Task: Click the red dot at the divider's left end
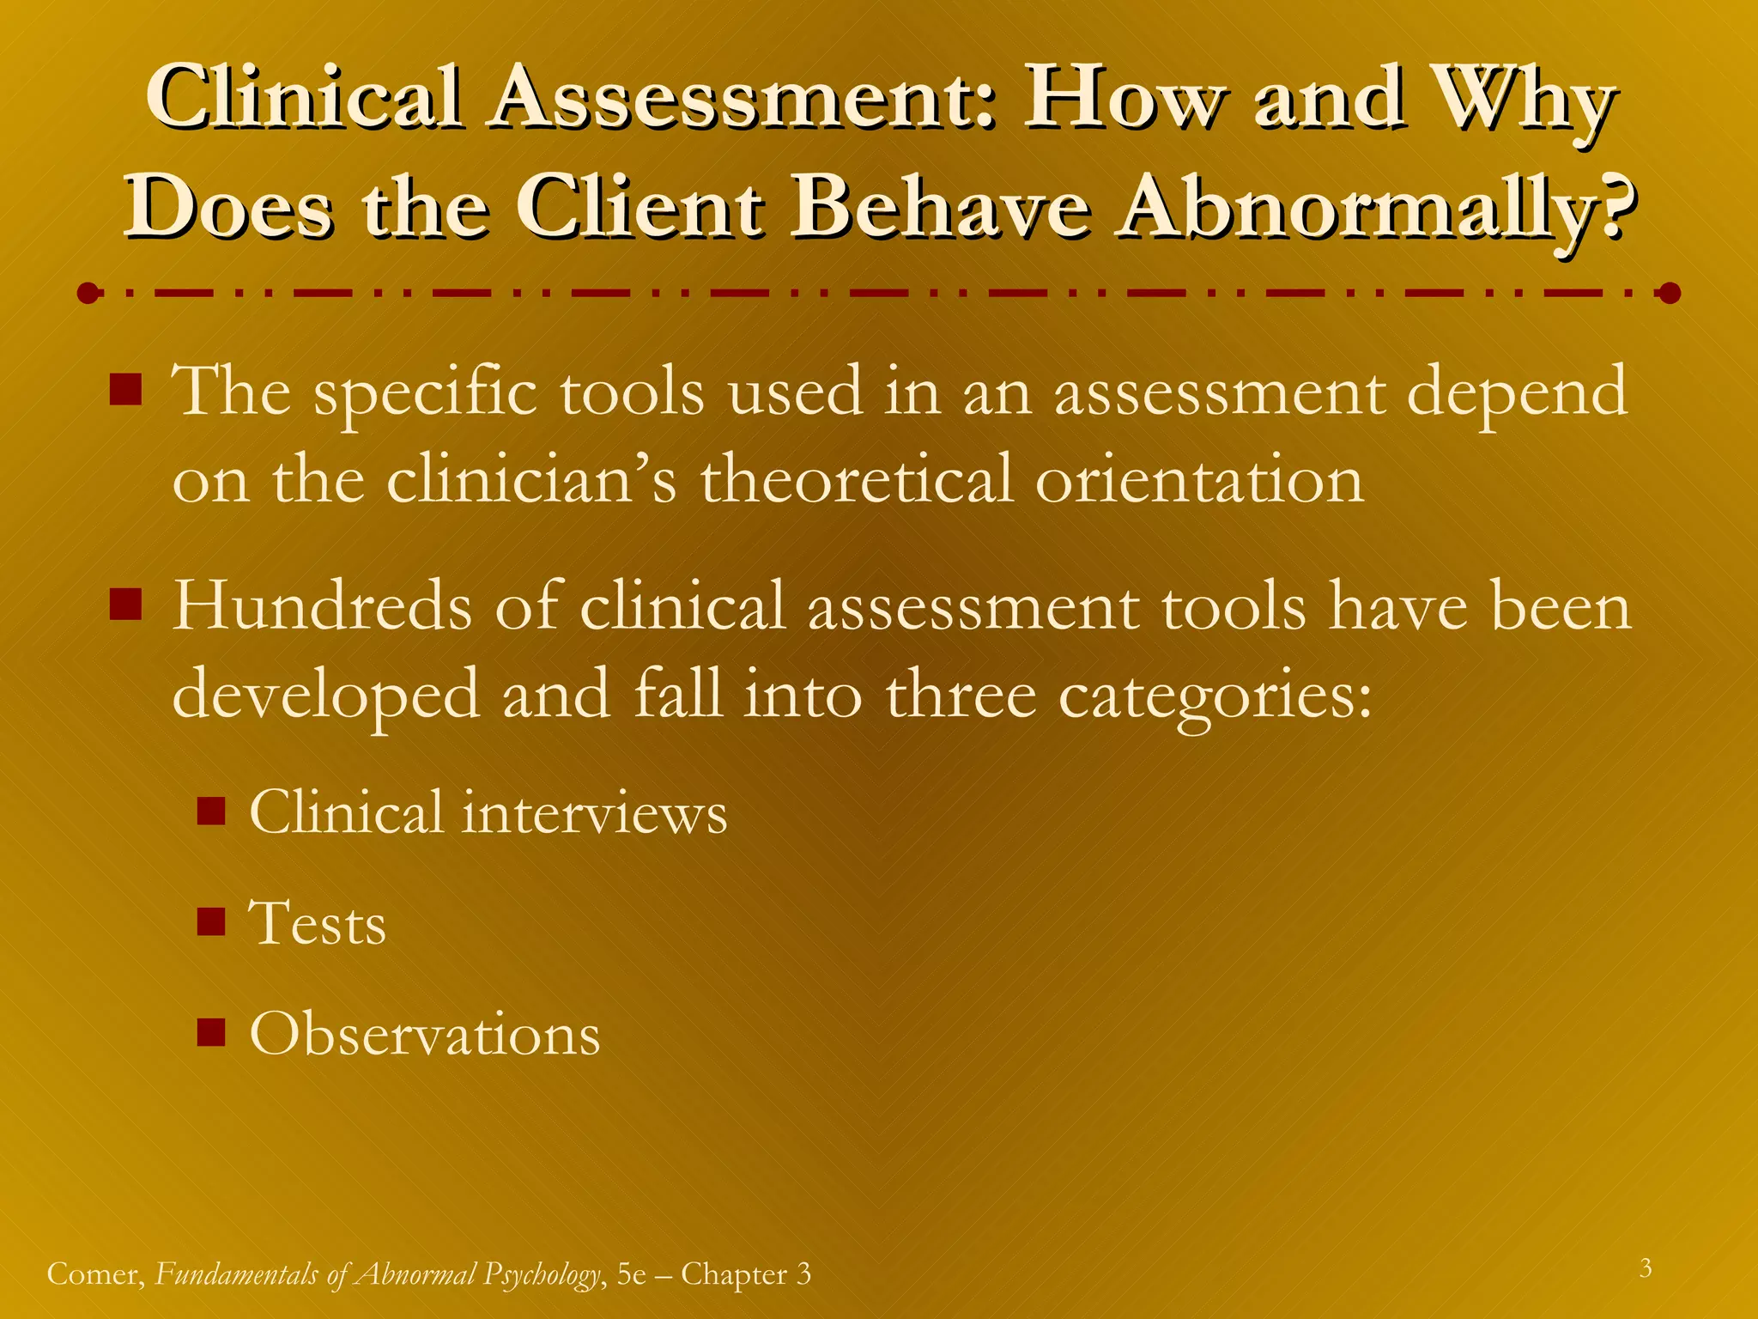pyautogui.click(x=88, y=294)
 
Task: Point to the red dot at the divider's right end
pyautogui.click(x=1670, y=294)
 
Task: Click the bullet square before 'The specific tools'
pyautogui.click(x=126, y=391)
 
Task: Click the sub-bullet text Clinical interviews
pyautogui.click(x=488, y=812)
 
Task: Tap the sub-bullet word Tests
pyautogui.click(x=318, y=924)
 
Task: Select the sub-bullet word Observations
pyautogui.click(x=425, y=1034)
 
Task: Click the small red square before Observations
pyautogui.click(x=210, y=1032)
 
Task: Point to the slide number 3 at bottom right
pyautogui.click(x=1646, y=1268)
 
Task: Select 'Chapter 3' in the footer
pyautogui.click(x=745, y=1273)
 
